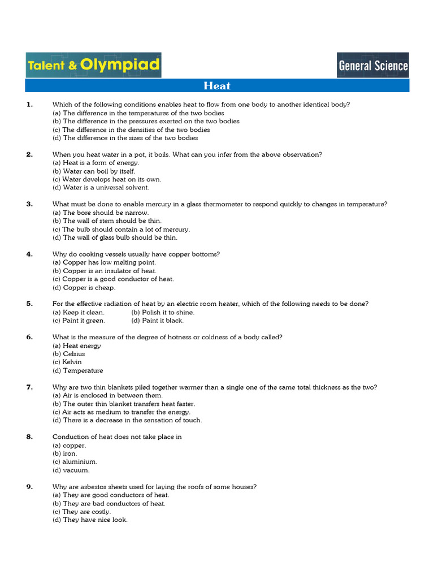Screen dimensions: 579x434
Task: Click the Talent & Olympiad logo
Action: [93, 65]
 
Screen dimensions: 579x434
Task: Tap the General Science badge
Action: [372, 65]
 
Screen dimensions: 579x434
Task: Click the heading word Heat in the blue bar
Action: [217, 86]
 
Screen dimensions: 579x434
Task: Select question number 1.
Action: [29, 104]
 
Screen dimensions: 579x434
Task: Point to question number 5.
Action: [29, 304]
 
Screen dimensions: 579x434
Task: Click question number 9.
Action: [29, 486]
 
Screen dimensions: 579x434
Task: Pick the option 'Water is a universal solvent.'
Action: [101, 188]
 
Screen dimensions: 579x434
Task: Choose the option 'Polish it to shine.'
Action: [163, 312]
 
